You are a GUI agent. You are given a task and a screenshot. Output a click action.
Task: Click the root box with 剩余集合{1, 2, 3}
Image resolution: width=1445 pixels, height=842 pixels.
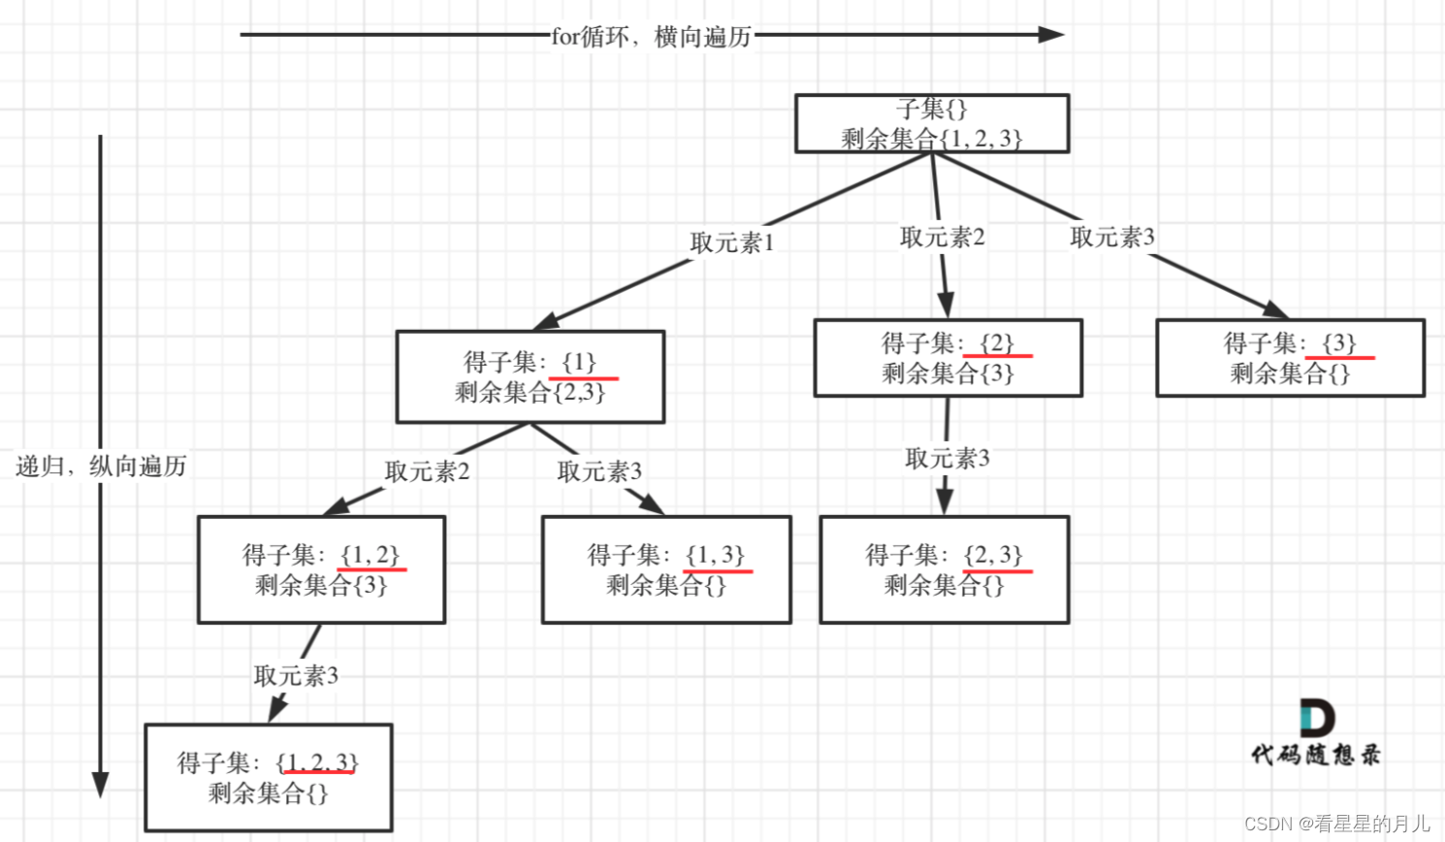click(x=931, y=123)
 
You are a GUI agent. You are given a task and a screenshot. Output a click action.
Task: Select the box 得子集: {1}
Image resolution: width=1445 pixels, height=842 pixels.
click(x=530, y=376)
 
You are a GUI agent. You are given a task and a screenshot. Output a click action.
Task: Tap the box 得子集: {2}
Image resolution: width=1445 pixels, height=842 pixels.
click(x=947, y=358)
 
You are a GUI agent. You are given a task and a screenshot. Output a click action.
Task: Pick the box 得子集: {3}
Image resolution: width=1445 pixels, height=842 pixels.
click(x=1290, y=358)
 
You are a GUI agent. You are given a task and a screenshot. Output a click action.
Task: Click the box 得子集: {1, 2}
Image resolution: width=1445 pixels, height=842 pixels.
click(x=321, y=569)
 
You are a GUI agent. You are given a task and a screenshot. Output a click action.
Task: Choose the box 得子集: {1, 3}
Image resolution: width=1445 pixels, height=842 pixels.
click(x=666, y=569)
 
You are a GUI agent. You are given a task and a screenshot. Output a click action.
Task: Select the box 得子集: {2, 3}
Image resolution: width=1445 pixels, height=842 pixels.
click(x=944, y=569)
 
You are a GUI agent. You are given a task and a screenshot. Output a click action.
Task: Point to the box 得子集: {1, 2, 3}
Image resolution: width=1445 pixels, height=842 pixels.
click(x=269, y=777)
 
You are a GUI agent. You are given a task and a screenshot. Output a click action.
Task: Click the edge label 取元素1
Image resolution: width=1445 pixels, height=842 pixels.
click(x=732, y=243)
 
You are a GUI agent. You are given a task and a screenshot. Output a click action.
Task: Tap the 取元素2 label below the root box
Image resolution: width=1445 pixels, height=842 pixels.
click(x=942, y=237)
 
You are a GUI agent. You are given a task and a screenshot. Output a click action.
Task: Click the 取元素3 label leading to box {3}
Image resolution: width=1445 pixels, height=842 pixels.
click(x=1112, y=237)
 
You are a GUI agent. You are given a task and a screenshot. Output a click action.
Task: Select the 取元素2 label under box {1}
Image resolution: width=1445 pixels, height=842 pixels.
click(x=427, y=471)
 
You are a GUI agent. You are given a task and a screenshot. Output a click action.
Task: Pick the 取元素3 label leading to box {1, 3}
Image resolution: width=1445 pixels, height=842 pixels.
click(x=599, y=471)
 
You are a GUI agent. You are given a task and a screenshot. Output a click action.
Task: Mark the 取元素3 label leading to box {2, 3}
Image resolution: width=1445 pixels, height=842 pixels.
click(x=947, y=458)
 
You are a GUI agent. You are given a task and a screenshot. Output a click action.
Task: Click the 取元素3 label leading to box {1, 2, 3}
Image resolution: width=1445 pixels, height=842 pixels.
click(x=296, y=675)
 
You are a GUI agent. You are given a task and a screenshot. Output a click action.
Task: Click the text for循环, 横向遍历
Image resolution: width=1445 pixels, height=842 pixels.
click(x=651, y=37)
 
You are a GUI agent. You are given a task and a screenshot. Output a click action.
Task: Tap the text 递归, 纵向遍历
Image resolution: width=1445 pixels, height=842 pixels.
click(x=101, y=467)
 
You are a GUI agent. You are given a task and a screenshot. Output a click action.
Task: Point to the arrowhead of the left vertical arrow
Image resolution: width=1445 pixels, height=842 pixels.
click(x=100, y=785)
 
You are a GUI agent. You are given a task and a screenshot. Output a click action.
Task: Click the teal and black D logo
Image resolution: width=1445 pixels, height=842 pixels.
click(x=1316, y=718)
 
